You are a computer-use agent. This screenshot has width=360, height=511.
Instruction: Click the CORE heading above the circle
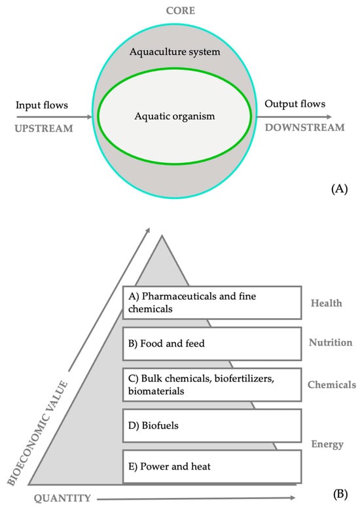180,10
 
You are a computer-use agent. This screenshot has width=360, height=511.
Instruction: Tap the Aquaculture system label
175,52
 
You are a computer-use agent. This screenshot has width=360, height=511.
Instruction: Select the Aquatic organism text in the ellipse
175,116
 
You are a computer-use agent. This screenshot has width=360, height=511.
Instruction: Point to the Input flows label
42,105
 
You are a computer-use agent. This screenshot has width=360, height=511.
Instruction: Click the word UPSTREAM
44,128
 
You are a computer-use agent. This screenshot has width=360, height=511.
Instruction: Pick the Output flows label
295,103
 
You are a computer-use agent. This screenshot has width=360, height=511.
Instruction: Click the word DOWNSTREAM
304,128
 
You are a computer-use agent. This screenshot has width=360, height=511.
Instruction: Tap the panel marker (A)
339,188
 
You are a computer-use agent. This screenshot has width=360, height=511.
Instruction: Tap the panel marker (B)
340,494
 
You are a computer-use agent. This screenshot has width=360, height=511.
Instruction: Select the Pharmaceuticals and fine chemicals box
212,303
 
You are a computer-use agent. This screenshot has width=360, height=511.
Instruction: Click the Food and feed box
212,344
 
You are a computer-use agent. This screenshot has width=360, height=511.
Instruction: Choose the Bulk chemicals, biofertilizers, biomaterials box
212,385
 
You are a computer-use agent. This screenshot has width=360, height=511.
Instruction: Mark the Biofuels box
212,426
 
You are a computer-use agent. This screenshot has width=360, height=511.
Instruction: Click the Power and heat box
212,467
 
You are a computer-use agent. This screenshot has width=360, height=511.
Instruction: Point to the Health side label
327,303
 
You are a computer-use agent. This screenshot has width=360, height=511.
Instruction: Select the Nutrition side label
331,342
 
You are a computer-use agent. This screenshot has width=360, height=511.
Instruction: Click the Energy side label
327,444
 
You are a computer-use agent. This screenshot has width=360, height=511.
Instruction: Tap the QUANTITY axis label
62,498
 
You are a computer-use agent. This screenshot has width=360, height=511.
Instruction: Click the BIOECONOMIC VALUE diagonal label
37,432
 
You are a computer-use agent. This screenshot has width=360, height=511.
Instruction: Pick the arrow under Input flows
54,116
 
